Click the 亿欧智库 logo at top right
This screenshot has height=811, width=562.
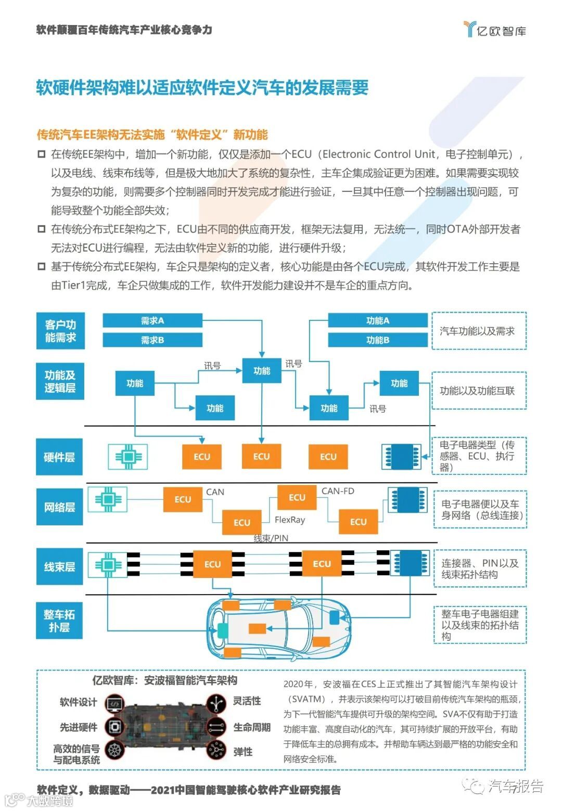[495, 30]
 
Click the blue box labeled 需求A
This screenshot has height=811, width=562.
[152, 320]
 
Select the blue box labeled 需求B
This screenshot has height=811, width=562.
[152, 340]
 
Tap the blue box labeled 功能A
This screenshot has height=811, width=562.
[377, 320]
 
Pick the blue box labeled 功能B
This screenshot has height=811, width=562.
[377, 340]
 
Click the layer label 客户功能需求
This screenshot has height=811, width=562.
[60, 331]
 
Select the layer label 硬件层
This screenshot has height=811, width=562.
[59, 457]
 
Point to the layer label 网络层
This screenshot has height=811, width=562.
[59, 507]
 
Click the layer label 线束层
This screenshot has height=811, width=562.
[59, 567]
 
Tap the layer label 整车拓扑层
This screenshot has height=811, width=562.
[59, 621]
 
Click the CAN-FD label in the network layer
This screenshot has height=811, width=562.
[338, 491]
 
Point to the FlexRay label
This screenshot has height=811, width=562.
[290, 520]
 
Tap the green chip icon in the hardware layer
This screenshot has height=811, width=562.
[128, 457]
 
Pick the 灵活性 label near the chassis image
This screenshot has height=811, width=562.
[247, 701]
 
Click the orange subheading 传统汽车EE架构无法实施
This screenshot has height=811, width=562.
[152, 135]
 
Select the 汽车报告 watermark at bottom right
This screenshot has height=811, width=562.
[515, 786]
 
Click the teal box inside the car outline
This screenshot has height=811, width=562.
[223, 630]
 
